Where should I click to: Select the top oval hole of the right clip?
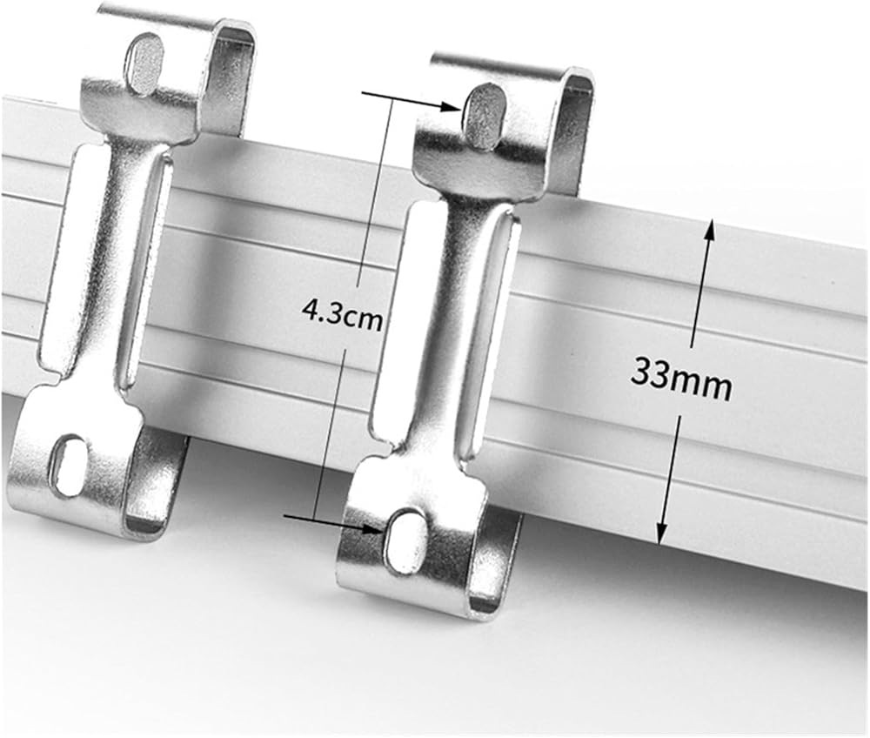(483, 116)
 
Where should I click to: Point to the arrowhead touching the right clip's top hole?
(452, 106)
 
